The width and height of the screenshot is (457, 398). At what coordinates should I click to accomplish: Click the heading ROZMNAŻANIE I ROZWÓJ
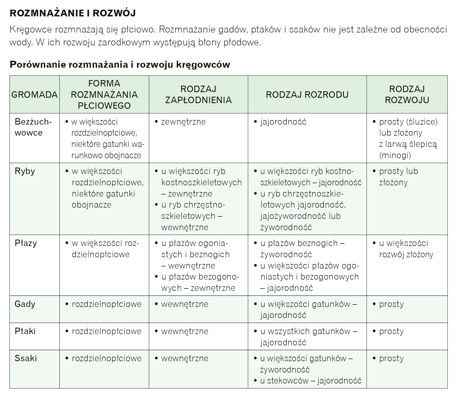coord(73,13)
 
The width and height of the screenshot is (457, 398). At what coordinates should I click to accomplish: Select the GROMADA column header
coord(34,95)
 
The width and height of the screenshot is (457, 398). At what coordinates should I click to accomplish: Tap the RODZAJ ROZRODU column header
coord(307,95)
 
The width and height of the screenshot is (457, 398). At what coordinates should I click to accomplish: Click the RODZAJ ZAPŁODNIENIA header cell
coord(198,95)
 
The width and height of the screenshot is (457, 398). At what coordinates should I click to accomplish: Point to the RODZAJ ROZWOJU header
coord(407,95)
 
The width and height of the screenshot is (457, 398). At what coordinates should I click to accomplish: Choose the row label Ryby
coord(25,171)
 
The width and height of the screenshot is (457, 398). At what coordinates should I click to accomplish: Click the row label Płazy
coord(26,243)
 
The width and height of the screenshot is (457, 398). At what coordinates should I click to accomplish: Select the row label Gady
coord(25,304)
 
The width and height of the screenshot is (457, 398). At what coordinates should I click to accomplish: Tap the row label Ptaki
coord(25,331)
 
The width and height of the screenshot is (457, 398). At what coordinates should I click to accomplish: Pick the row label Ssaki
coord(26,358)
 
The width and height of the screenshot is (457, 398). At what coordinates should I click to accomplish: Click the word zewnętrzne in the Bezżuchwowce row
coord(183,122)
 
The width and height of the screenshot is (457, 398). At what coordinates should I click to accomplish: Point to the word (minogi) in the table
coord(395,155)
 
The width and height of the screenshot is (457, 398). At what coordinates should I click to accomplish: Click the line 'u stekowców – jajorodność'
coord(311,381)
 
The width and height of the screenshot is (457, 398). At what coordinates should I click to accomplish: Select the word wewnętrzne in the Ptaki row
coord(185,331)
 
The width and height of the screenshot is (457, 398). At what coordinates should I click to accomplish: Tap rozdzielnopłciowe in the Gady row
coord(106,304)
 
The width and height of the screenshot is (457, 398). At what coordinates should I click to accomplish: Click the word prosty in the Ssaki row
coord(391,358)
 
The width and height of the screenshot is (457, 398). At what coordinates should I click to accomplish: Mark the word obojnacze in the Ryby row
coord(91,205)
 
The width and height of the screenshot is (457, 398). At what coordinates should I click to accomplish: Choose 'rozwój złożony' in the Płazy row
coord(406,255)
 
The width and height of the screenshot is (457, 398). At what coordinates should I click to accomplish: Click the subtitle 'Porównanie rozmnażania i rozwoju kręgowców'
coord(120,65)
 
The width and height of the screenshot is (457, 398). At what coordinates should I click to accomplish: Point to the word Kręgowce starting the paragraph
coord(30,29)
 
